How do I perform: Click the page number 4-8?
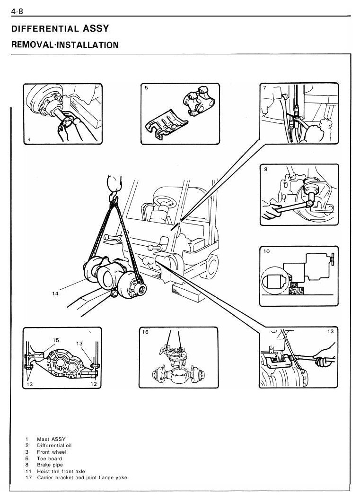click(x=17, y=11)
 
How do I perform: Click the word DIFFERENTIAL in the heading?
click(x=45, y=29)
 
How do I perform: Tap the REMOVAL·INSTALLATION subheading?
click(x=65, y=44)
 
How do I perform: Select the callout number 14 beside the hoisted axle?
click(x=55, y=293)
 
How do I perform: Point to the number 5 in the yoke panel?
click(x=146, y=88)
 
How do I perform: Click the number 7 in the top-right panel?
click(x=264, y=87)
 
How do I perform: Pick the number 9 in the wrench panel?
click(x=266, y=169)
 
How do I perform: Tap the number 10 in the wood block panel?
click(x=266, y=251)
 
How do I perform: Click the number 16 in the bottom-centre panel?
click(x=145, y=332)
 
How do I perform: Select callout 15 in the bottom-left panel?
click(x=56, y=340)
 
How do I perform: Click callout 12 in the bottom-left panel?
click(x=94, y=384)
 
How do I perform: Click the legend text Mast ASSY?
click(x=51, y=439)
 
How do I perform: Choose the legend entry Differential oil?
click(x=54, y=446)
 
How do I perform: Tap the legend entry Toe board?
click(x=50, y=458)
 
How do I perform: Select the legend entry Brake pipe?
click(x=50, y=465)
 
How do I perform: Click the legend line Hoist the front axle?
click(x=61, y=471)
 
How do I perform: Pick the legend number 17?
click(x=29, y=478)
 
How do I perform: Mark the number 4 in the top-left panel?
click(x=29, y=140)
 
